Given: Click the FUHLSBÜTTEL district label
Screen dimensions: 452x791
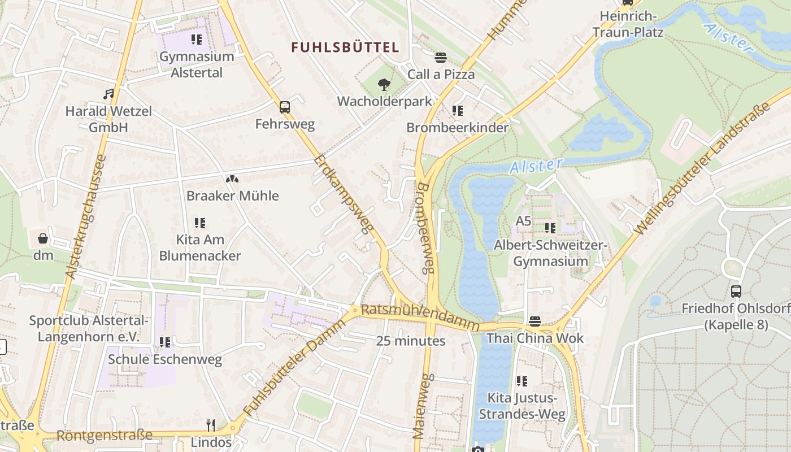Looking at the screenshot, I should pos(345,47).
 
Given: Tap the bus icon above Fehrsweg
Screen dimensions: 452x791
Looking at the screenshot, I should pos(285,107).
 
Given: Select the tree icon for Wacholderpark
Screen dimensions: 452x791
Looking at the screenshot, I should pos(384,85).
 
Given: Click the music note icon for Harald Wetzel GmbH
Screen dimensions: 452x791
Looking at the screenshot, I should pos(108,94).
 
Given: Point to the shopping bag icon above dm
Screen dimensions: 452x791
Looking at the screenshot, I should pos(43,238).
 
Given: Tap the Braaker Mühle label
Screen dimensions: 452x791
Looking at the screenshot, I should pos(232,196).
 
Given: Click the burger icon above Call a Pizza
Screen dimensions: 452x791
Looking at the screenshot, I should pos(441,57).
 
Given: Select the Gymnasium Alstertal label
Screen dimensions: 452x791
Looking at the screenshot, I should pos(196,64).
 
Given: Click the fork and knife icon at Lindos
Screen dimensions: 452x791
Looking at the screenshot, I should pos(211,424).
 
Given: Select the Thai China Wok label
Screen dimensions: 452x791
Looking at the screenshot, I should pos(535,339).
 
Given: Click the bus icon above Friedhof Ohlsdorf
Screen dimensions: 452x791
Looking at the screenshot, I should pos(736,292).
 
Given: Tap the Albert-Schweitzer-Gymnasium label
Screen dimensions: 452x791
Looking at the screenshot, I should pos(550,253).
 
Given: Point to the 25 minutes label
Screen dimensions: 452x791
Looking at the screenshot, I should pos(411,341).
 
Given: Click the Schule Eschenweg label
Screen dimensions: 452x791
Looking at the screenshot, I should pos(165,359).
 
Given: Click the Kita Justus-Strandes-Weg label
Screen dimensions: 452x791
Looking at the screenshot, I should pos(522,406).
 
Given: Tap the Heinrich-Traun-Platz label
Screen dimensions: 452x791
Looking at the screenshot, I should pos(627,24).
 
